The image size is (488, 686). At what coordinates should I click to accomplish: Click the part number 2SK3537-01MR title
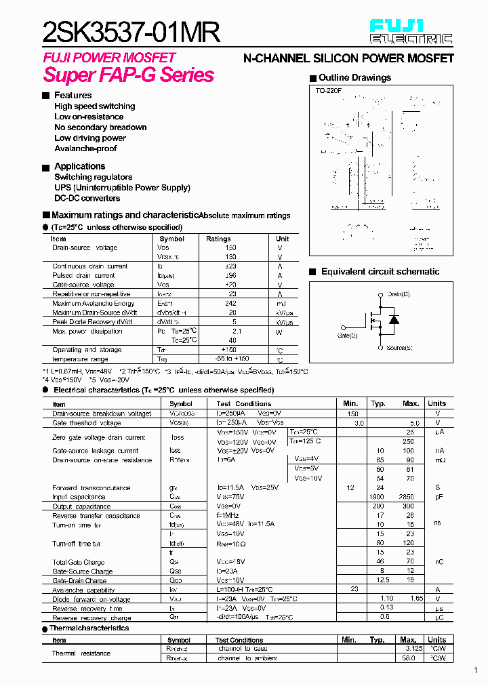pos(131,32)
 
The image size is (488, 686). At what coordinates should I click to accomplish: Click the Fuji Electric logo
pos(410,31)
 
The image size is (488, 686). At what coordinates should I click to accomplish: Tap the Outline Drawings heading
pos(354,77)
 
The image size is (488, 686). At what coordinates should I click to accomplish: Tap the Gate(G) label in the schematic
pos(347,336)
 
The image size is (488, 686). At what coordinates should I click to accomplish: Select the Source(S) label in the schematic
pos(399,348)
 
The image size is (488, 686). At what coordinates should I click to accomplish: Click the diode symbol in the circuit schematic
pos(393,320)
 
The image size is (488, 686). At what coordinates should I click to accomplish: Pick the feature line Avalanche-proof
pos(85,148)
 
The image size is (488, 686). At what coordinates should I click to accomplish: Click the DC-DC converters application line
pos(87,198)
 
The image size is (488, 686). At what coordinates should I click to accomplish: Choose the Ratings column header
pos(218,239)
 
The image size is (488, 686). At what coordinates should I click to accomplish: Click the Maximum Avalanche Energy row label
pos(93,303)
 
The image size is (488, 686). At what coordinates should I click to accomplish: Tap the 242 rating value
pos(232,303)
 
